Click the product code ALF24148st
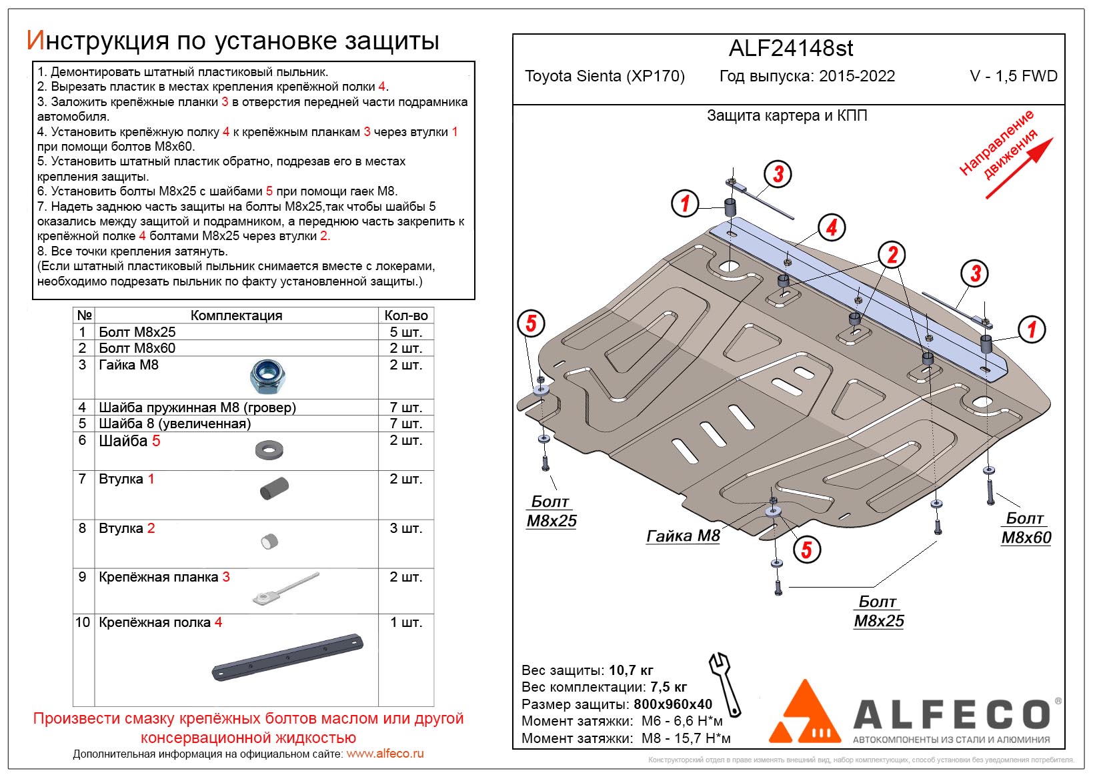click(790, 49)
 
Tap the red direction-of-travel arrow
click(1019, 168)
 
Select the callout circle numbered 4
click(831, 227)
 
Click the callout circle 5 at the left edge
click(531, 323)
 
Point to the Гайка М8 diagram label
click(683, 536)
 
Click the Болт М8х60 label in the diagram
click(1025, 528)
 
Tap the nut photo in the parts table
click(268, 377)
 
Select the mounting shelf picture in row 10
click(287, 657)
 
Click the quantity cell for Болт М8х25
click(405, 332)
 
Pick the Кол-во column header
click(405, 315)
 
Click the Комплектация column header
click(236, 315)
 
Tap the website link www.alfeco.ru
click(385, 754)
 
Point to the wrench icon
click(725, 684)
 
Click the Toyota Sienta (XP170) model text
click(604, 76)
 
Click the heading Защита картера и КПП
click(787, 115)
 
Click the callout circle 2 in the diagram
click(892, 254)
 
